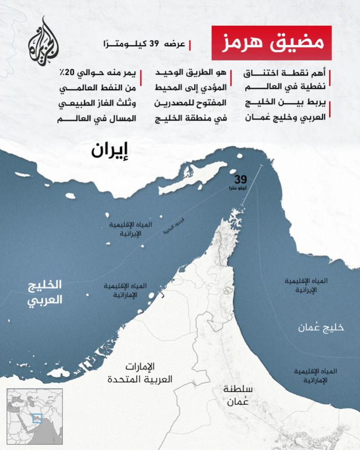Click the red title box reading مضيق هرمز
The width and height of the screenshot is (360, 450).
[x=272, y=43]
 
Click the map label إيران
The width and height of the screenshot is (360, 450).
[x=109, y=151]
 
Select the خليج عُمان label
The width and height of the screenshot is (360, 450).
[x=321, y=327]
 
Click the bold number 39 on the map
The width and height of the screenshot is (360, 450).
[x=240, y=179]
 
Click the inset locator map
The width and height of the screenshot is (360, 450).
[x=34, y=416]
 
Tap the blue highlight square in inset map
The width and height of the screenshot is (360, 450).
[x=37, y=419]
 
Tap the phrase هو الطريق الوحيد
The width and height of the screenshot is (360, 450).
[x=192, y=73]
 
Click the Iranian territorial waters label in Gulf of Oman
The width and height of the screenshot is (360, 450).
[x=307, y=285]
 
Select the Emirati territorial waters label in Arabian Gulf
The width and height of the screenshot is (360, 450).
[x=124, y=290]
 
